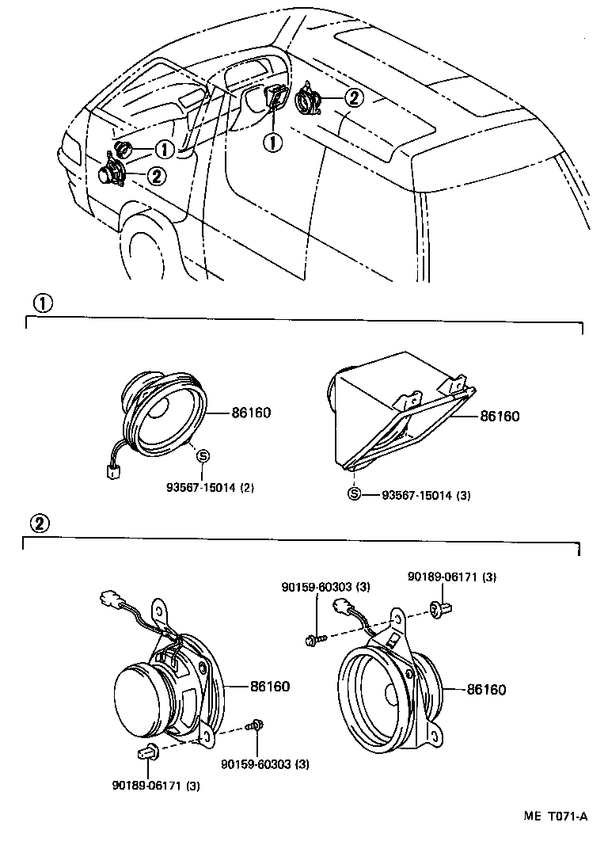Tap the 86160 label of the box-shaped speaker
[499, 415]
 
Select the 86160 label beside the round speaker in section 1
[252, 413]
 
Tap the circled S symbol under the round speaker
[202, 455]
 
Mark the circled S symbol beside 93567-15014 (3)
[355, 494]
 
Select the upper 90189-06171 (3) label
[452, 577]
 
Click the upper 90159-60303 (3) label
[325, 587]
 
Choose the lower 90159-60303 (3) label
[265, 764]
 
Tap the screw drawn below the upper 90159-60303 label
[314, 637]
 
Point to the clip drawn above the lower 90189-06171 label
[148, 752]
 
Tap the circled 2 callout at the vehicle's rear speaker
[353, 97]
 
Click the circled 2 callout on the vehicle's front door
[156, 176]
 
